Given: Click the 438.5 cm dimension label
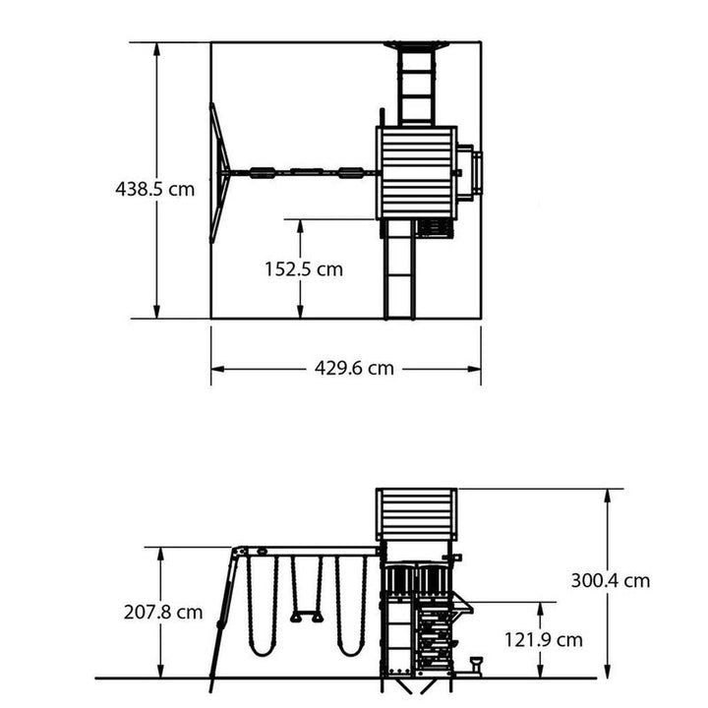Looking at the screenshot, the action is click(155, 189).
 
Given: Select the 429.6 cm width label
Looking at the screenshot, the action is click(354, 368).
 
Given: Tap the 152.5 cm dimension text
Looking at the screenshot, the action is click(304, 269).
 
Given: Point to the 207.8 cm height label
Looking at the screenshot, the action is click(163, 613).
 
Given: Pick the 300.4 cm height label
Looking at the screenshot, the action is click(611, 580).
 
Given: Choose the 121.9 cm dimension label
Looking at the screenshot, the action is click(543, 640).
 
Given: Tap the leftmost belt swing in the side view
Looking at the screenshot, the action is click(262, 606).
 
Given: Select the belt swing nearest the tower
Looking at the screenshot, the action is click(351, 606).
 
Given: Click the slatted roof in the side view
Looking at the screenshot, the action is click(416, 514).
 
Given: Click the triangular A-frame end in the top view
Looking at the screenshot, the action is click(219, 173).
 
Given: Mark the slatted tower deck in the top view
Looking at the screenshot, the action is click(416, 173).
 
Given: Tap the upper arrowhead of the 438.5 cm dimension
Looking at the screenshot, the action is click(156, 49).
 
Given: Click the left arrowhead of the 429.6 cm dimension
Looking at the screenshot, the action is click(217, 369).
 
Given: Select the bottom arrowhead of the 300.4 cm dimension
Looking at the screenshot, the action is click(608, 671).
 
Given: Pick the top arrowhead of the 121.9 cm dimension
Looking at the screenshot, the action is click(540, 609).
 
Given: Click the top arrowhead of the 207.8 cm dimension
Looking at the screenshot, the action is click(160, 554).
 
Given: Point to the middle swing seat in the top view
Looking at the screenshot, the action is click(307, 172).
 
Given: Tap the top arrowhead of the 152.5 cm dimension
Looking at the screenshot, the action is click(300, 226).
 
